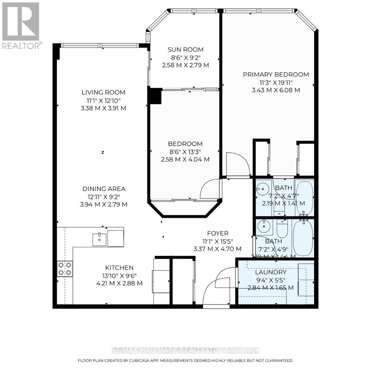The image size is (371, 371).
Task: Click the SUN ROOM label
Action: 185,49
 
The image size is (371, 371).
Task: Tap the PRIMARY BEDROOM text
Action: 276,75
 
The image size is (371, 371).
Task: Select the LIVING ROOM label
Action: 103,92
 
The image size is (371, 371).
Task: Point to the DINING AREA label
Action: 104,189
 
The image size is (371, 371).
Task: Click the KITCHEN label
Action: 119,268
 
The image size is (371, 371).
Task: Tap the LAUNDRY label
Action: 271,272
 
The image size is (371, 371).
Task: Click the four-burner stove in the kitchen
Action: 65,269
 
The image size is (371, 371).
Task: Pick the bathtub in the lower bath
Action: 303,238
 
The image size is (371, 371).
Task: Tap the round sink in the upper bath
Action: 263,189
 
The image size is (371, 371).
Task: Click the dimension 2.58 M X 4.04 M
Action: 185,159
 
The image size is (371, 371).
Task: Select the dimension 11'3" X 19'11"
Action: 276,82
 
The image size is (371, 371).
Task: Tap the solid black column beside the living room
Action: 154,96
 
